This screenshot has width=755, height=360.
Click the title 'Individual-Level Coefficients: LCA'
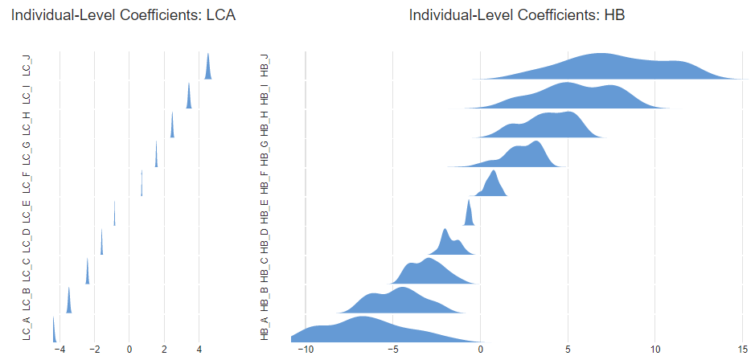[x=123, y=15]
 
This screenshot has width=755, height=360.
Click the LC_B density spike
[x=69, y=303]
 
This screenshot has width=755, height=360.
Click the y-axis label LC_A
[x=27, y=329]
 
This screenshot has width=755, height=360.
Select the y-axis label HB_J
[x=265, y=66]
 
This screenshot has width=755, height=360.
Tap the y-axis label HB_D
[x=265, y=241]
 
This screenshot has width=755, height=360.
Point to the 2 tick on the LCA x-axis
[x=164, y=350]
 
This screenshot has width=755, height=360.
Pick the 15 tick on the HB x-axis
[x=743, y=350]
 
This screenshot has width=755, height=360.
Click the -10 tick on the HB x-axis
[x=306, y=350]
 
